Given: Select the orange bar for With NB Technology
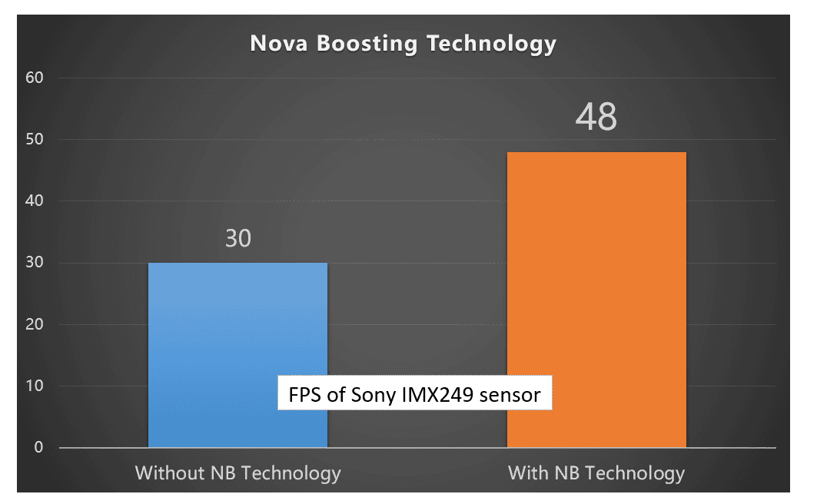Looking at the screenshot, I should (596, 300).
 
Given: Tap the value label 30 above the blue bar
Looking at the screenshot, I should (238, 239).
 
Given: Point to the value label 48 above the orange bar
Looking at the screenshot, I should (596, 118).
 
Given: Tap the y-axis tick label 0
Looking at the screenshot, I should (38, 447).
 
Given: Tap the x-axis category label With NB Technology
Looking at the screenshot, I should (596, 472).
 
